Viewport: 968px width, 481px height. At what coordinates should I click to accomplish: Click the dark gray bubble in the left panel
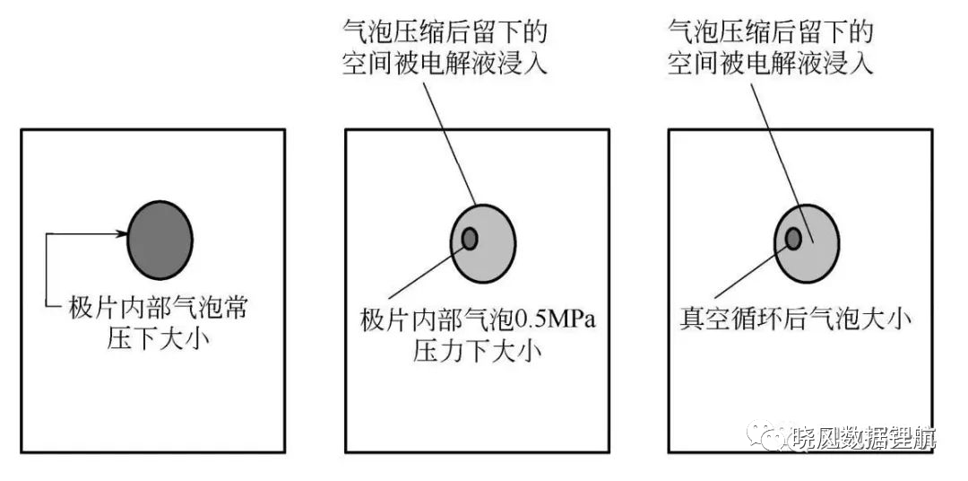click(160, 240)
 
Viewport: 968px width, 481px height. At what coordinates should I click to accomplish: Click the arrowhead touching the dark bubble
click(122, 233)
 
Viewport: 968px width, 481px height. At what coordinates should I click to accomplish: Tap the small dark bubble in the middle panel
click(470, 239)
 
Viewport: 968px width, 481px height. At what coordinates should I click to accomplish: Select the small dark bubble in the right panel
click(793, 238)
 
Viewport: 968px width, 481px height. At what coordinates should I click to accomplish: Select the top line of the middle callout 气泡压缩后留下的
click(445, 33)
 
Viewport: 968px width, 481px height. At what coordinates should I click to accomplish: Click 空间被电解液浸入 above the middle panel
click(445, 64)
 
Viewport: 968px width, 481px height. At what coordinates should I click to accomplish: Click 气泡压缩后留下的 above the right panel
click(771, 31)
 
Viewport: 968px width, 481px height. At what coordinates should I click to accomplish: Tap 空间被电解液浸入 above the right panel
click(771, 63)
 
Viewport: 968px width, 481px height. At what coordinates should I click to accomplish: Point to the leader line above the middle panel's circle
click(449, 143)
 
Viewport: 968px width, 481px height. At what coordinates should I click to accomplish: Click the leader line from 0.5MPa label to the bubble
click(427, 273)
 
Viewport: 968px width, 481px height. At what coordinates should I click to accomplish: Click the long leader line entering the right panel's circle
click(782, 162)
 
